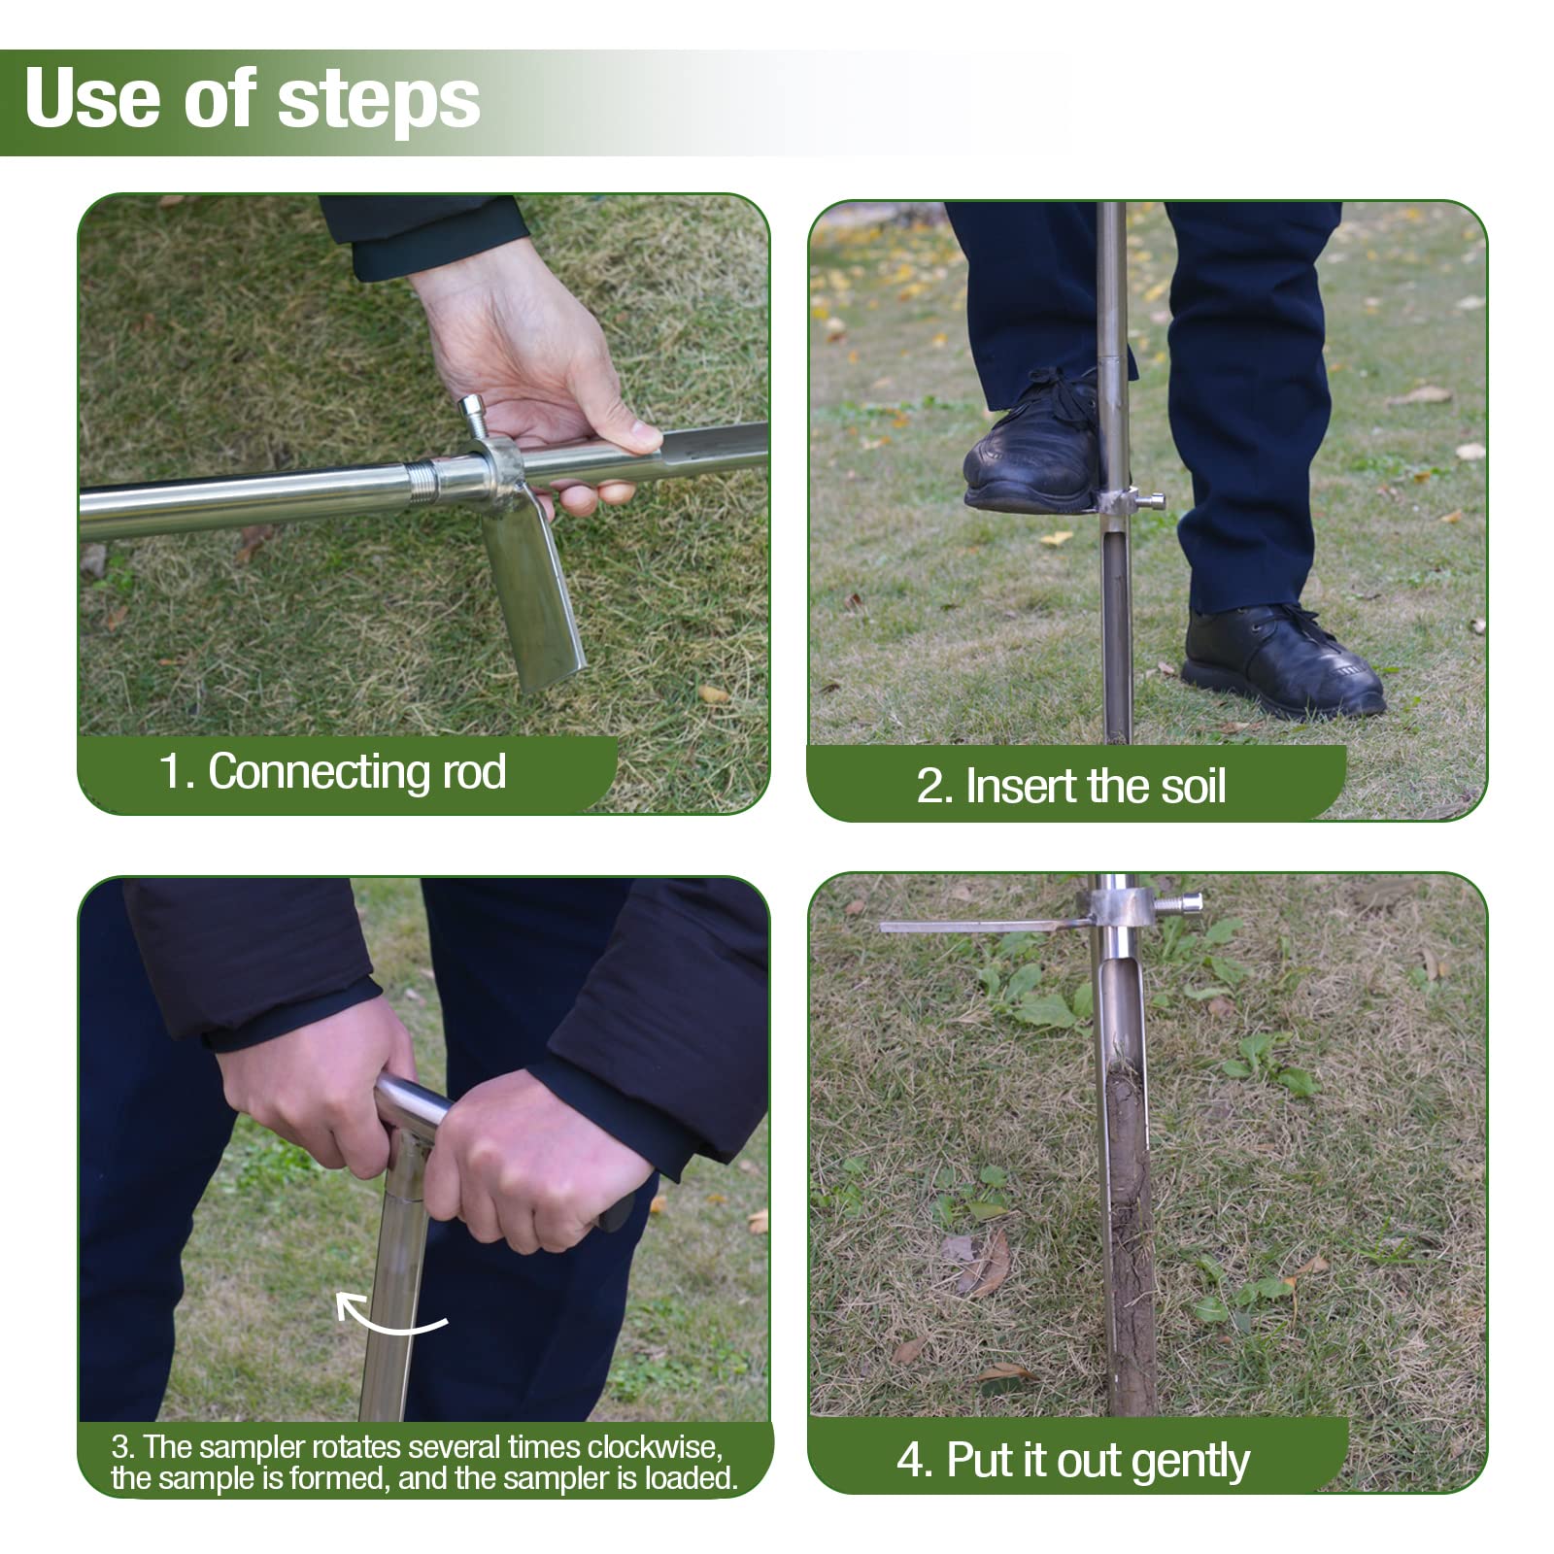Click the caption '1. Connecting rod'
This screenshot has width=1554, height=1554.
tap(332, 772)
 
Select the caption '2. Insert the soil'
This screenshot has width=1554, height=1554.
tap(1070, 786)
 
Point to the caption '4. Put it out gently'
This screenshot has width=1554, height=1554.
tap(1072, 1460)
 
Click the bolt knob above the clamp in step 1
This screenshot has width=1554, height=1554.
tap(474, 414)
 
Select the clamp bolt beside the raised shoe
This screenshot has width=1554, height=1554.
tap(1152, 501)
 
